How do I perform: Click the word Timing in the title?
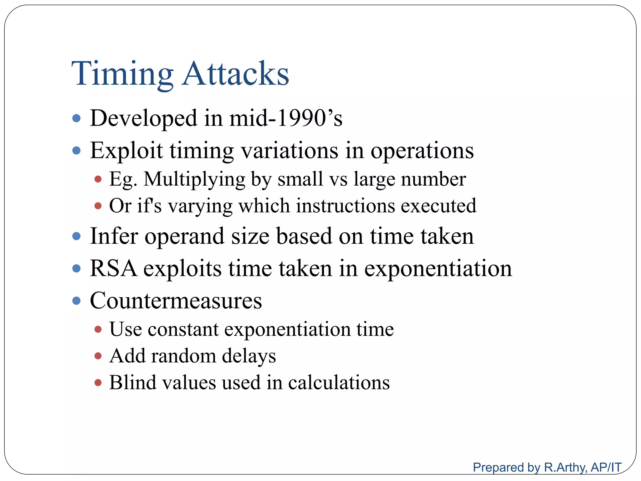pyautogui.click(x=122, y=74)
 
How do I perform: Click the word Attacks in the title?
pyautogui.click(x=235, y=74)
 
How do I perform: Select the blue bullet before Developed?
pyautogui.click(x=76, y=118)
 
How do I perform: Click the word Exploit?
pyautogui.click(x=126, y=151)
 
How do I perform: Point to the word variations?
pyautogui.click(x=290, y=151)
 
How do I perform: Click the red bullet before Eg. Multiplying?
pyautogui.click(x=98, y=179)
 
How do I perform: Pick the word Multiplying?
pyautogui.click(x=194, y=179)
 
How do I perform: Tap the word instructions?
pyautogui.click(x=346, y=206)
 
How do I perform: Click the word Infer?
pyautogui.click(x=114, y=236)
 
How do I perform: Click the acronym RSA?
pyautogui.click(x=113, y=268)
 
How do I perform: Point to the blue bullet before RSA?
pyautogui.click(x=76, y=268)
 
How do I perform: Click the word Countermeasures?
pyautogui.click(x=176, y=301)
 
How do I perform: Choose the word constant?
pyautogui.click(x=183, y=329)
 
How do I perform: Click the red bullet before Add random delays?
pyautogui.click(x=98, y=356)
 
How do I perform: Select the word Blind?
pyautogui.click(x=132, y=383)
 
